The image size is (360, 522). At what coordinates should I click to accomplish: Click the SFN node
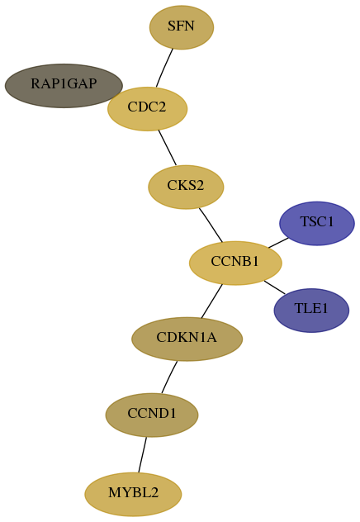[182, 27]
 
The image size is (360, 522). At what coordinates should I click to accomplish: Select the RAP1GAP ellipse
[64, 86]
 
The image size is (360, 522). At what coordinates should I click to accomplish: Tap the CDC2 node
[148, 109]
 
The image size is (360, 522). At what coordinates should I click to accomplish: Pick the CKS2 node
[186, 187]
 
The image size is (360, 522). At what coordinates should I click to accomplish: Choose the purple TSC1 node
[317, 223]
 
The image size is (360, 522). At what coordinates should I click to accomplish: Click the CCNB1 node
[235, 263]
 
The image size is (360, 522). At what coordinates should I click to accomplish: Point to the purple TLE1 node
[311, 311]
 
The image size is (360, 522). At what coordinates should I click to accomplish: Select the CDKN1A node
[187, 339]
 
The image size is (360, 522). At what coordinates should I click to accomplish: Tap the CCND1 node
[152, 415]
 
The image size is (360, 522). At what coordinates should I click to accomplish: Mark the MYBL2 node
[133, 495]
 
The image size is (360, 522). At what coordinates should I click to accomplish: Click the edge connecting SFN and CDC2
[164, 69]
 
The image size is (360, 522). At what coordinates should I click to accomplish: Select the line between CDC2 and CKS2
[168, 148]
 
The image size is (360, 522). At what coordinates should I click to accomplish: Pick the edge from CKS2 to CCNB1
[211, 225]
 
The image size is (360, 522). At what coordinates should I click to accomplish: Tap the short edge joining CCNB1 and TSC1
[278, 243]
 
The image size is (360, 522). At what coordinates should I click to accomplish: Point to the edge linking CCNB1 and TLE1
[274, 287]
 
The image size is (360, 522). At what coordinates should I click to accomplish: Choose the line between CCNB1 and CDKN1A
[211, 301]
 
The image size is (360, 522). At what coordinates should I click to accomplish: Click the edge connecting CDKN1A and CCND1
[169, 377]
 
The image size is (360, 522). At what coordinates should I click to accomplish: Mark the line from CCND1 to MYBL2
[142, 455]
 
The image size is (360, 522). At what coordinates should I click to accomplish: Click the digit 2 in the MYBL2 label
[154, 493]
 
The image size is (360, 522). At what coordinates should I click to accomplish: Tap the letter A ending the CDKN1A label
[211, 338]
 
